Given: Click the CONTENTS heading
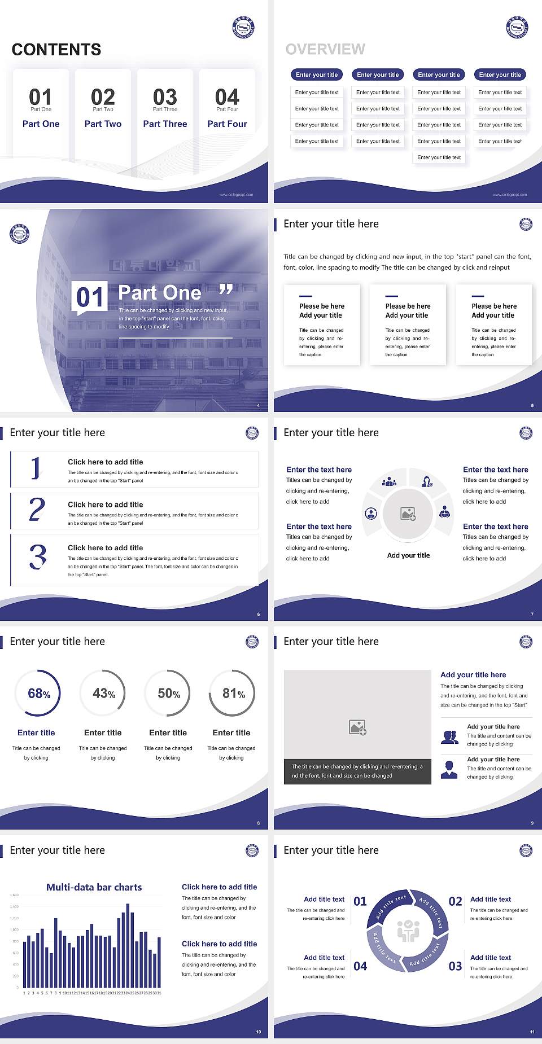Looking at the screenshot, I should tap(56, 50).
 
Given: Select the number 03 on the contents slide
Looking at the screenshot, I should tap(165, 97).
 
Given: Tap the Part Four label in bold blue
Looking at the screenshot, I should tap(227, 124).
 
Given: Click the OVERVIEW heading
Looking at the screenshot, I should tap(325, 49).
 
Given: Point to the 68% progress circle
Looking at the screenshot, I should tap(38, 693).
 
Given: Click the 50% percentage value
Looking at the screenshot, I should tap(168, 693).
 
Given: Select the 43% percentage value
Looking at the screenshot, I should tap(103, 693).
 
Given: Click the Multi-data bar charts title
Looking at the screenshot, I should tap(94, 887).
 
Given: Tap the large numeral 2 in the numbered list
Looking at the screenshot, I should tap(37, 510).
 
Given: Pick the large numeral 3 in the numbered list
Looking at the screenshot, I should tap(38, 556).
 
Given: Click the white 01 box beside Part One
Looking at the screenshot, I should tap(90, 297).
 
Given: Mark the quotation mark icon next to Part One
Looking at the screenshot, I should tap(226, 290).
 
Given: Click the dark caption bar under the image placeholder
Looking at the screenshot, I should tap(357, 771).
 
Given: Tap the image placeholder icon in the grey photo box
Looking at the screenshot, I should tap(358, 727).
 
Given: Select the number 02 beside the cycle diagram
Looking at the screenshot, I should tap(455, 901).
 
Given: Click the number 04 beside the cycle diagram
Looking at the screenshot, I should tap(360, 966).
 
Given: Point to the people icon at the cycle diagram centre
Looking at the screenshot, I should tap(408, 931).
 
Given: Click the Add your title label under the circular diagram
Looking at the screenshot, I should tap(408, 555).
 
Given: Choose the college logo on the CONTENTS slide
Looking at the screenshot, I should tap(244, 27).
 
